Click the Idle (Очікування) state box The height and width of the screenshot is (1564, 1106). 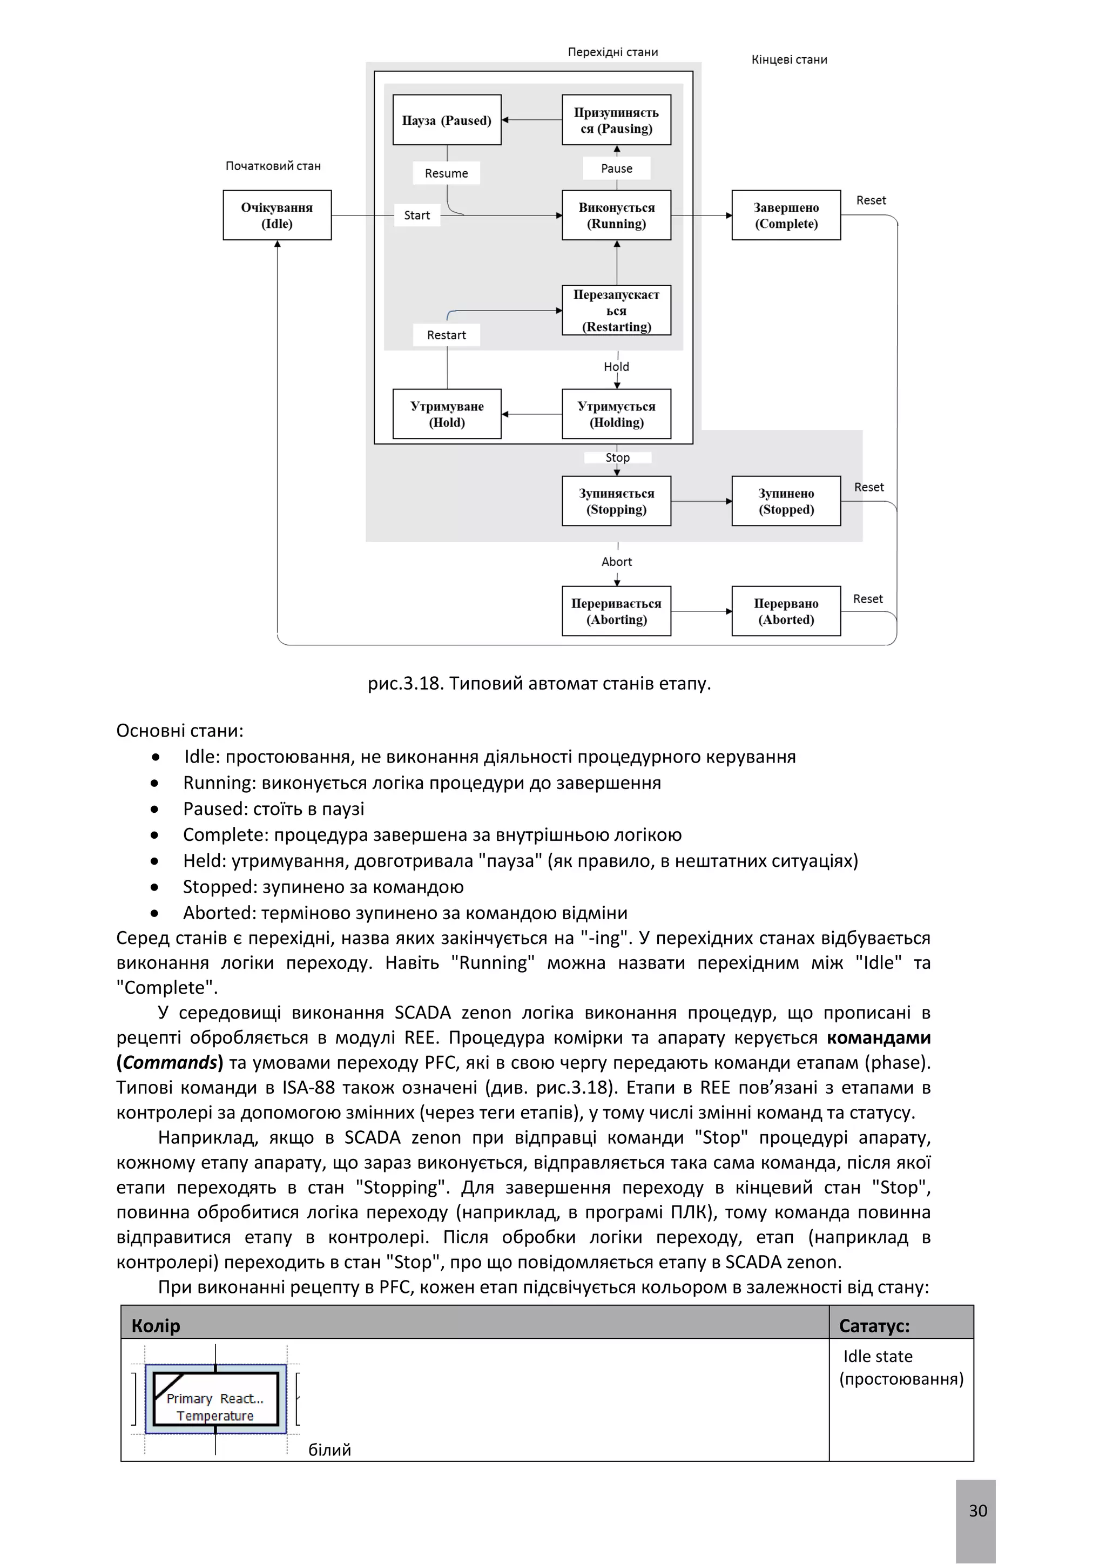[277, 215]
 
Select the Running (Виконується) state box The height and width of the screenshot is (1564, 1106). [616, 215]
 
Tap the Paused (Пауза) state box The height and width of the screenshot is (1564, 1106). [447, 120]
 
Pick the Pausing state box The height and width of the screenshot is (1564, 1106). [616, 120]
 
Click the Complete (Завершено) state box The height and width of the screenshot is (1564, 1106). [786, 215]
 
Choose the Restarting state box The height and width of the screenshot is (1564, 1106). [616, 311]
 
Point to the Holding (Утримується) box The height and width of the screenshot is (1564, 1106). [616, 414]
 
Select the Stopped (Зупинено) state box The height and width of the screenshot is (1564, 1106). [786, 501]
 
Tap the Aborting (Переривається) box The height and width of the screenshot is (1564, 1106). [616, 611]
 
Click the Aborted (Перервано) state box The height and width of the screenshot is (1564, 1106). [786, 611]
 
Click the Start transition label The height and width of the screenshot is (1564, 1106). [417, 215]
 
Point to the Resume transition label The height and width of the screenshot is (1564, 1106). [446, 173]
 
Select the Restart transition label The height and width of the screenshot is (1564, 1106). [446, 335]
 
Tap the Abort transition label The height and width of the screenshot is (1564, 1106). [616, 561]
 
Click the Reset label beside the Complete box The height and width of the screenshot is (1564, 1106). [871, 200]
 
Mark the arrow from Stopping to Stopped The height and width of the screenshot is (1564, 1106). [701, 501]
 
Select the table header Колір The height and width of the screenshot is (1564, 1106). [156, 1326]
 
